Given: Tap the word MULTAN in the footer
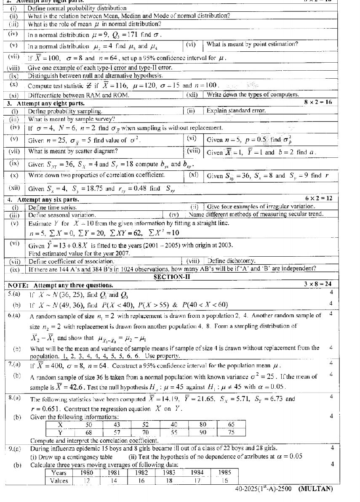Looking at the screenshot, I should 315,489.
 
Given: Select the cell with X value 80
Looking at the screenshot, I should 203,425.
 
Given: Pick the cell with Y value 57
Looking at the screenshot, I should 117,432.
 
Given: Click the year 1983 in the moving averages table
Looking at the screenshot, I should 169,473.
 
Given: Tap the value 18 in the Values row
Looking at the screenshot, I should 169,480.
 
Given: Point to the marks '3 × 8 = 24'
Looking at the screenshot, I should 317,284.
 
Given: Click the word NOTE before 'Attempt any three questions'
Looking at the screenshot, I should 18,285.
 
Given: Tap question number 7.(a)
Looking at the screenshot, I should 14,364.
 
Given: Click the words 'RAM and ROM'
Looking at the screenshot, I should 111,95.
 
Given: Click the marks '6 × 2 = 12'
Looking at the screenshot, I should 318,198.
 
